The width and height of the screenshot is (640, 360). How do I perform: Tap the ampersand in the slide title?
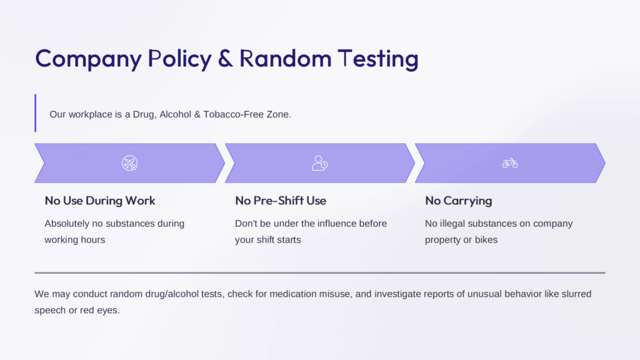225,58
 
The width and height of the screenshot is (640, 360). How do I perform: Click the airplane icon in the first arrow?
130,163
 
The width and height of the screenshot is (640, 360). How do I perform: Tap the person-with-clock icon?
319,163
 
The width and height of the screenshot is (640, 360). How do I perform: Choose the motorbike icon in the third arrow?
510,163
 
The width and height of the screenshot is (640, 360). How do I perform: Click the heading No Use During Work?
100,201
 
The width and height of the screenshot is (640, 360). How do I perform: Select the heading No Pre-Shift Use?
281,201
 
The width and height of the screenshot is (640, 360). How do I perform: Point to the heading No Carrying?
458,201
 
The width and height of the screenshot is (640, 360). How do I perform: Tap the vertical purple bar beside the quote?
36,113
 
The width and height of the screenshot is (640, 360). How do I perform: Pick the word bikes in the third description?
486,240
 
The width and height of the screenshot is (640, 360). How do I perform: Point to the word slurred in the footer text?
576,294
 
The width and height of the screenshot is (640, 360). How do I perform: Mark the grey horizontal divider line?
319,272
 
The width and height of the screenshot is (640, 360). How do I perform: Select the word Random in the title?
285,58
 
